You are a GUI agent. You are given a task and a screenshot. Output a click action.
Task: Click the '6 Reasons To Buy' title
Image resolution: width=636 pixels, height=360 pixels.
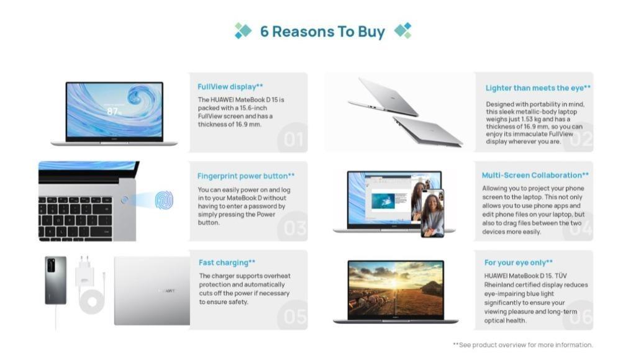[322, 32]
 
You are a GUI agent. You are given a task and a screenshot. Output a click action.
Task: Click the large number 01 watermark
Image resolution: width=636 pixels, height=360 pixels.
[293, 140]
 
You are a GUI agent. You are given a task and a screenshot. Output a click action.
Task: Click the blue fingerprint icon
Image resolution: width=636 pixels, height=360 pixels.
[164, 199]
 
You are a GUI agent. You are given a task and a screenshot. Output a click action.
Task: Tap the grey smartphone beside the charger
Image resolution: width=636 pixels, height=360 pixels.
[55, 280]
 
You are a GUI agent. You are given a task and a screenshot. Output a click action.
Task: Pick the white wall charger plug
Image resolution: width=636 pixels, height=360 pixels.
[84, 271]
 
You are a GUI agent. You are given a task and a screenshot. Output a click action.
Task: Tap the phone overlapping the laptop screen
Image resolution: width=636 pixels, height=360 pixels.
[432, 213]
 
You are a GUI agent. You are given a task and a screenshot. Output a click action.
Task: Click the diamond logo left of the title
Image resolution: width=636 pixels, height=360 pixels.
[243, 31]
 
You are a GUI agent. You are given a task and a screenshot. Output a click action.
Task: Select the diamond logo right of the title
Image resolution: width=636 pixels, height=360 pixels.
[403, 31]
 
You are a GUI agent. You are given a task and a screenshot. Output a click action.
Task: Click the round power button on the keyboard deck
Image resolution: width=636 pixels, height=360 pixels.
[124, 199]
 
